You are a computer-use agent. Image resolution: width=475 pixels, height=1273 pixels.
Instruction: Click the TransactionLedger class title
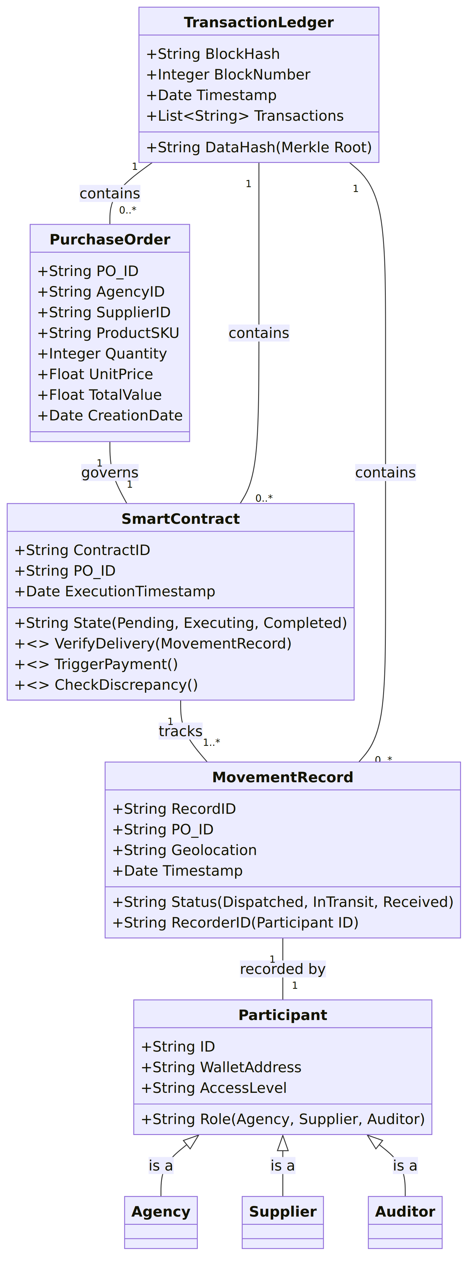pos(258,22)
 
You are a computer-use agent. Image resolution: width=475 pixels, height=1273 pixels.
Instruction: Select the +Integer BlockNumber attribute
pos(228,75)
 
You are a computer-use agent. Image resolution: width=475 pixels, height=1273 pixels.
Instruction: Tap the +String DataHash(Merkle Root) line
pos(258,147)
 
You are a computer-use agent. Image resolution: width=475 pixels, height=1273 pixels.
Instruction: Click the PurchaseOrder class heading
pos(110,240)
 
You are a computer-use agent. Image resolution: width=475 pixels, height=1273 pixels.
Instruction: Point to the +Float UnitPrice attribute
pos(95,374)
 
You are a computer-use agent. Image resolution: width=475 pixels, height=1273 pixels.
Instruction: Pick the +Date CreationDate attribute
pos(110,416)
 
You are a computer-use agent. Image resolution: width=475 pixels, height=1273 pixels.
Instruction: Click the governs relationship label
pos(110,473)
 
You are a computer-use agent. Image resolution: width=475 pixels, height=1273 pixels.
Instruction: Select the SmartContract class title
pos(180,519)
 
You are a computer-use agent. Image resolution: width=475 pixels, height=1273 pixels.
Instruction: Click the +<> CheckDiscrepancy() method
pos(106,685)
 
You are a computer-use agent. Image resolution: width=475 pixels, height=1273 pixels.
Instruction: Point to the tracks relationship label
pos(180,731)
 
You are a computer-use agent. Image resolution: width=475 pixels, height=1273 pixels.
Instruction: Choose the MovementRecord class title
pos(283,777)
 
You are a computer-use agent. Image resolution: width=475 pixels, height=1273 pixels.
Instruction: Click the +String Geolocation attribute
pos(184,850)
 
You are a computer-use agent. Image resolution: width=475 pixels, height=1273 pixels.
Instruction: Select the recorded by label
pos(283,969)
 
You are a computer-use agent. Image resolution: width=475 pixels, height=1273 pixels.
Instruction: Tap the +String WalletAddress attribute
pos(221,1067)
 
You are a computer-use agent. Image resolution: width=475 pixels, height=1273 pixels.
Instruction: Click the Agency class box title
pos(161,1212)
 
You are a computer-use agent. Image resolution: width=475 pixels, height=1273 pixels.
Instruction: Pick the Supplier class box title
pos(283,1212)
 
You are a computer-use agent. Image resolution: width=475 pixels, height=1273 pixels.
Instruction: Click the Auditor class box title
pos(405,1212)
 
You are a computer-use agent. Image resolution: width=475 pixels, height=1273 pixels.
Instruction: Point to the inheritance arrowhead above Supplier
pos(283,1143)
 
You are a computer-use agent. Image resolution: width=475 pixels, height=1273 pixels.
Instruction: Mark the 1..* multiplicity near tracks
pos(211,742)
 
